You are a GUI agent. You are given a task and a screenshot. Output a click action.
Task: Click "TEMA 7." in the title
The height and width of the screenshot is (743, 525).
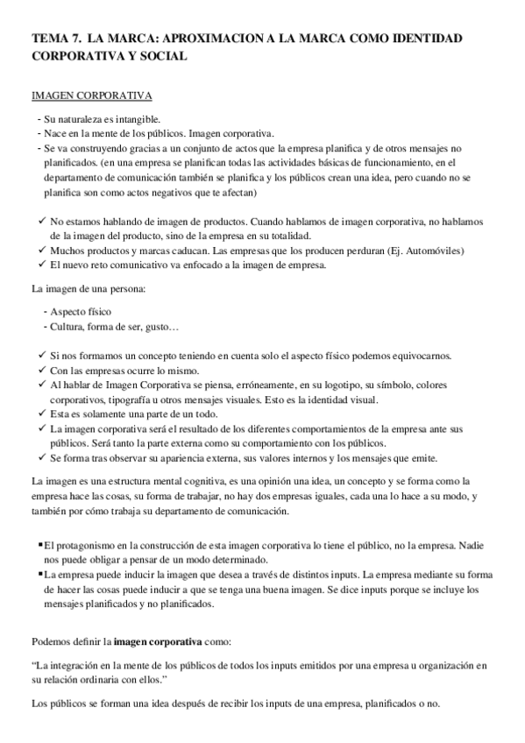coord(55,39)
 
